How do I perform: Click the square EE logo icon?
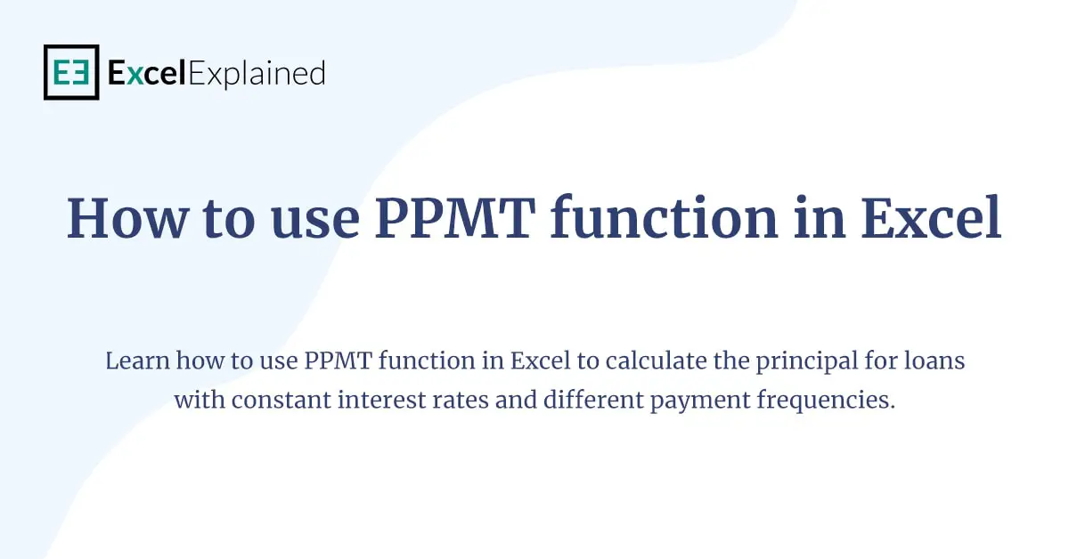[x=71, y=72]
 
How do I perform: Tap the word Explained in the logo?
[x=257, y=73]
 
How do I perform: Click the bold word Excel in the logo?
[x=146, y=73]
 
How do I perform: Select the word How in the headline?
[x=123, y=218]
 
